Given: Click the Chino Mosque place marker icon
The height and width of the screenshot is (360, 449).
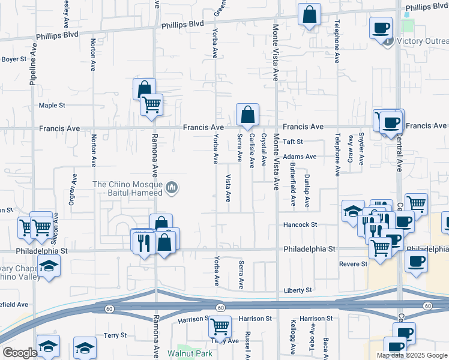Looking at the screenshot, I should [x=172, y=189].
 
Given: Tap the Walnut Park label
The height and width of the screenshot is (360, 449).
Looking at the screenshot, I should [x=182, y=354].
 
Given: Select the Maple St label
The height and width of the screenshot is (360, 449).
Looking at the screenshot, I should [x=52, y=106].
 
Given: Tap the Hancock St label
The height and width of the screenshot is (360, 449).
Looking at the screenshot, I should [x=300, y=225].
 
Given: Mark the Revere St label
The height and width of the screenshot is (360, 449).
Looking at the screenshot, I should [x=354, y=264].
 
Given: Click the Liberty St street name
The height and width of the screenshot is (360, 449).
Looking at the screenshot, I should [x=299, y=290].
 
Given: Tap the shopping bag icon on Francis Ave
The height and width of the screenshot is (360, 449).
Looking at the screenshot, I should [x=247, y=114].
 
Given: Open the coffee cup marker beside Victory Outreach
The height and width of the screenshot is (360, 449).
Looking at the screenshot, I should [x=381, y=28].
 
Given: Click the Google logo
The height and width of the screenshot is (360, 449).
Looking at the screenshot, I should [x=20, y=353].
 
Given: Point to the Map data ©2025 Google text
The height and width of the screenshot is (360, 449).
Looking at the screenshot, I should [x=411, y=355].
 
